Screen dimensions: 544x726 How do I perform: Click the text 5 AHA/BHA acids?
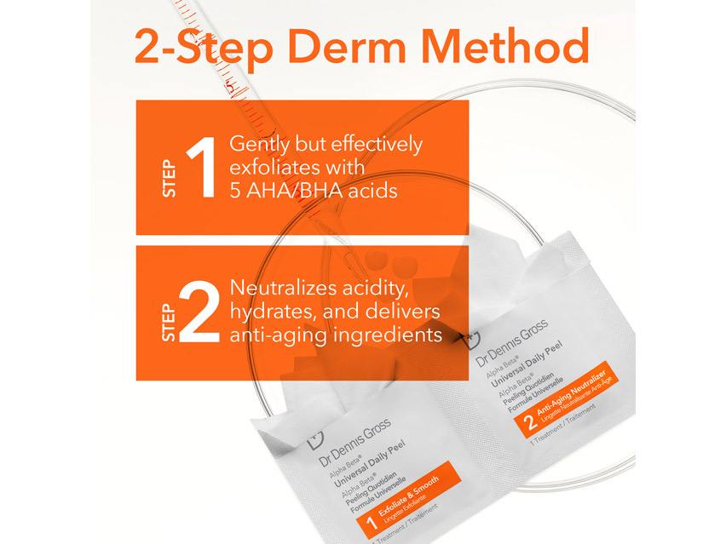click(x=314, y=192)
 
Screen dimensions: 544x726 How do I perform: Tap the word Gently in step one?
click(x=259, y=144)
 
